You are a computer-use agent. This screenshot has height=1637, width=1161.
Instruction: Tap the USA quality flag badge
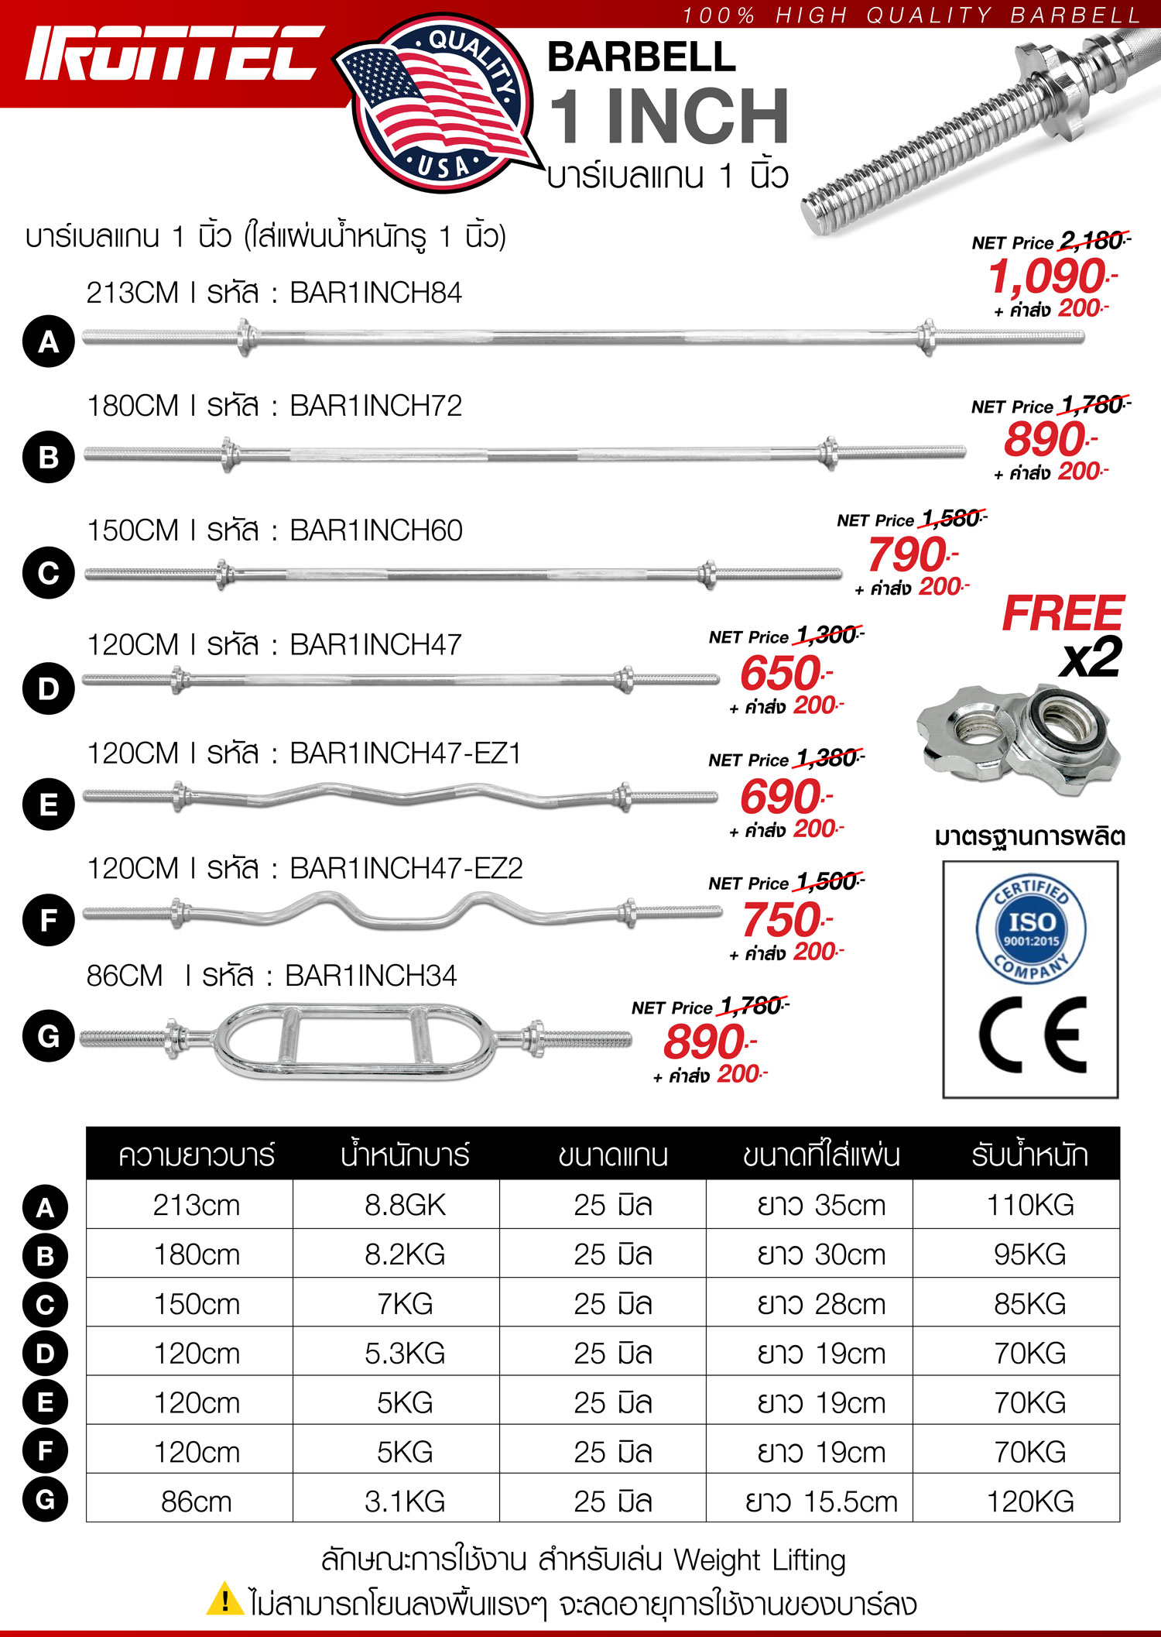pyautogui.click(x=437, y=105)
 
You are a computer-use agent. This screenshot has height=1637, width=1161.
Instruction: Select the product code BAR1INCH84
pyautogui.click(x=375, y=293)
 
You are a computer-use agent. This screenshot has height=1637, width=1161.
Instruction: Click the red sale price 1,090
pyautogui.click(x=1049, y=276)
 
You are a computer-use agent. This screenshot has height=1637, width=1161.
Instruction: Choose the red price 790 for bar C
pyautogui.click(x=908, y=555)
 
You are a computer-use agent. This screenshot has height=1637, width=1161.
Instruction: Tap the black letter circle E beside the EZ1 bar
pyautogui.click(x=48, y=805)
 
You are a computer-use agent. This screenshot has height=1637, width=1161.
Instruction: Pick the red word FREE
pyautogui.click(x=1062, y=614)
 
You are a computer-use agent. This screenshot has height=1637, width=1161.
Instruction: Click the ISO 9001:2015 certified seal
pyautogui.click(x=1030, y=930)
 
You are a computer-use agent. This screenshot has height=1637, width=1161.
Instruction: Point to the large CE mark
pyautogui.click(x=1032, y=1035)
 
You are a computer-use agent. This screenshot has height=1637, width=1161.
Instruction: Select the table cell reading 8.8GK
pyautogui.click(x=405, y=1206)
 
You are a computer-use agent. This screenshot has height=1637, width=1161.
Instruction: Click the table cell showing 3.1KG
pyautogui.click(x=405, y=1501)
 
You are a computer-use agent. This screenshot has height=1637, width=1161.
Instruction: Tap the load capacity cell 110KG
pyautogui.click(x=1030, y=1206)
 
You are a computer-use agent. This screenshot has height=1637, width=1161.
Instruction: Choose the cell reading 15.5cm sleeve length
pyautogui.click(x=821, y=1501)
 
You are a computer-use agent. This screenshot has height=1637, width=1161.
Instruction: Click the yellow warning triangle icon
pyautogui.click(x=224, y=1599)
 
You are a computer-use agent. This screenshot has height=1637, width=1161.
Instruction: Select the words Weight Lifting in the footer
pyautogui.click(x=759, y=1560)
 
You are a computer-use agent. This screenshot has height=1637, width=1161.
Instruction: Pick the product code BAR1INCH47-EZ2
pyautogui.click(x=406, y=869)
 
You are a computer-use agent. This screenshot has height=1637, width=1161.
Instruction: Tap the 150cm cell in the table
pyautogui.click(x=197, y=1304)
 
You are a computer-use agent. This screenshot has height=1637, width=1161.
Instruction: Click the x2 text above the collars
pyautogui.click(x=1091, y=658)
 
